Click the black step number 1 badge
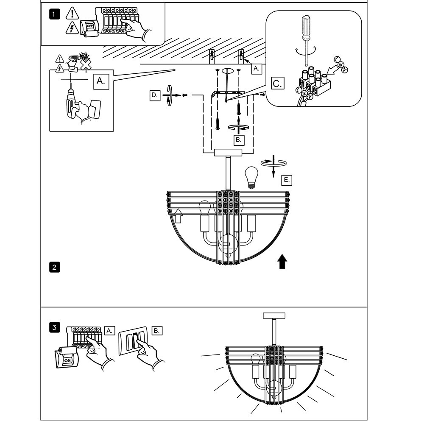click(x=54, y=14)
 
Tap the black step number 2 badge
click(x=54, y=267)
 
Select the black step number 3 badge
click(x=54, y=327)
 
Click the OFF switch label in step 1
click(x=89, y=26)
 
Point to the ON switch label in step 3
click(x=67, y=360)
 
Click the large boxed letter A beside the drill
click(x=101, y=81)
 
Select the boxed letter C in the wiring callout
click(x=277, y=83)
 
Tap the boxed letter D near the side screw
click(x=155, y=95)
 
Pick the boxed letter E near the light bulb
click(x=287, y=180)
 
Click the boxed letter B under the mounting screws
click(x=239, y=140)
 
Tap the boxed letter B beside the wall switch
click(x=157, y=330)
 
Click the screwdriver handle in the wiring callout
click(x=306, y=27)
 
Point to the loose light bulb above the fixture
click(x=251, y=177)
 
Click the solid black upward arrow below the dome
click(x=282, y=261)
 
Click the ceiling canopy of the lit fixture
click(x=274, y=315)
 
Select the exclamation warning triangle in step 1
click(x=72, y=13)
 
